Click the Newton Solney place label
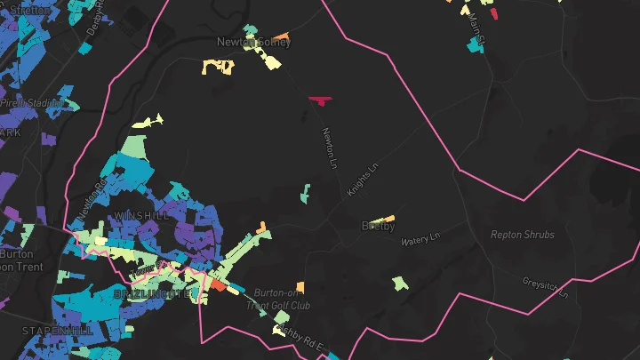point(253,42)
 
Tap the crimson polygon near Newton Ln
point(319,100)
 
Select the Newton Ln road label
point(330,148)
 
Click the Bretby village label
point(378,227)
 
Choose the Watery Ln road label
point(421,240)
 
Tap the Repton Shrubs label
point(523,235)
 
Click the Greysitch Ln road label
point(545,286)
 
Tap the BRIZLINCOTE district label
point(152,293)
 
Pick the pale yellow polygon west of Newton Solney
point(218,66)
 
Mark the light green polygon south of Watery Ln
point(400,283)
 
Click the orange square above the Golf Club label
point(262,229)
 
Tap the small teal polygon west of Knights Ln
point(305,192)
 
